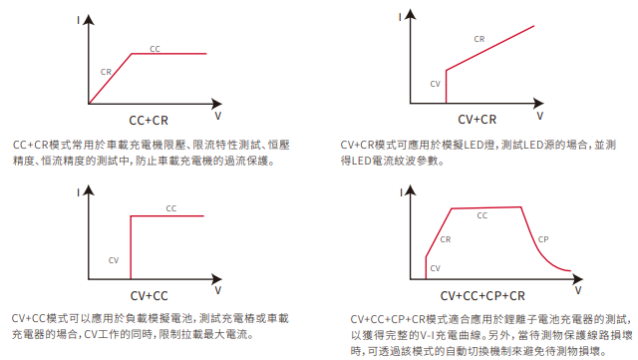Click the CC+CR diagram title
pyautogui.click(x=149, y=121)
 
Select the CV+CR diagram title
pyautogui.click(x=478, y=120)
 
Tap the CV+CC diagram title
pyautogui.click(x=149, y=296)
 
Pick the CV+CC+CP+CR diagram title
pyautogui.click(x=482, y=296)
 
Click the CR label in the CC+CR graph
pyautogui.click(x=106, y=72)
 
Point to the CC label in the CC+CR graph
pyautogui.click(x=155, y=49)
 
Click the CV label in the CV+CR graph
pyautogui.click(x=435, y=84)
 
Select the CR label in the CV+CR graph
pyautogui.click(x=479, y=39)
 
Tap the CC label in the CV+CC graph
pyautogui.click(x=170, y=208)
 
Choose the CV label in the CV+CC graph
pyautogui.click(x=114, y=260)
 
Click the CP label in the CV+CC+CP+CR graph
pyautogui.click(x=543, y=239)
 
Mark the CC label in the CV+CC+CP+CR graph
pyautogui.click(x=482, y=215)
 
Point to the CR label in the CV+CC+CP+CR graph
pyautogui.click(x=446, y=239)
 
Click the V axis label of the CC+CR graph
pyautogui.click(x=218, y=116)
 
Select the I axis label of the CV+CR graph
pyautogui.click(x=400, y=17)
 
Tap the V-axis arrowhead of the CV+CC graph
pyautogui.click(x=217, y=279)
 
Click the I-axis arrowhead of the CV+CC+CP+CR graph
pyautogui.click(x=410, y=190)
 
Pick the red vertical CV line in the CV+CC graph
pyautogui.click(x=131, y=247)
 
